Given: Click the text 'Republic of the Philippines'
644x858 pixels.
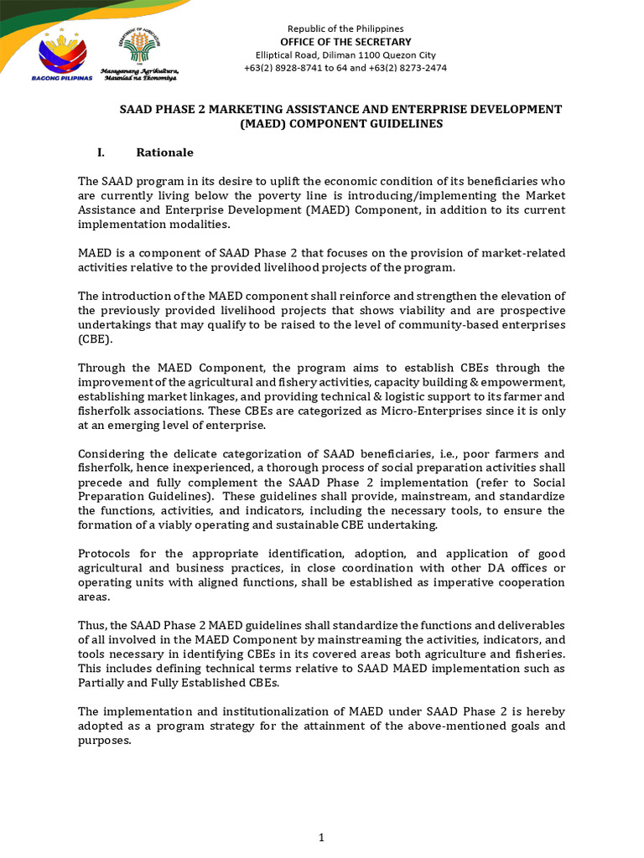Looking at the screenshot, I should (345, 28).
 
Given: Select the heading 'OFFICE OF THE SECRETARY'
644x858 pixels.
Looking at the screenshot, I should (345, 42).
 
